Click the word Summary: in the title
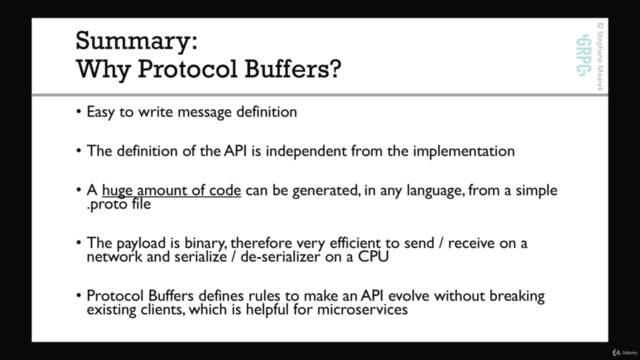point(136,41)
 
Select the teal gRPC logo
point(583,55)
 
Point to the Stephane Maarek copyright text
point(600,56)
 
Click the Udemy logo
point(624,352)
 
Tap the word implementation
point(464,151)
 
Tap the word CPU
point(373,256)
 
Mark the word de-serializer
point(280,256)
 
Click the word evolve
point(408,296)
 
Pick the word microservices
point(362,309)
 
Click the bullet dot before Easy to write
point(79,111)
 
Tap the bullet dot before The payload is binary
point(79,243)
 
